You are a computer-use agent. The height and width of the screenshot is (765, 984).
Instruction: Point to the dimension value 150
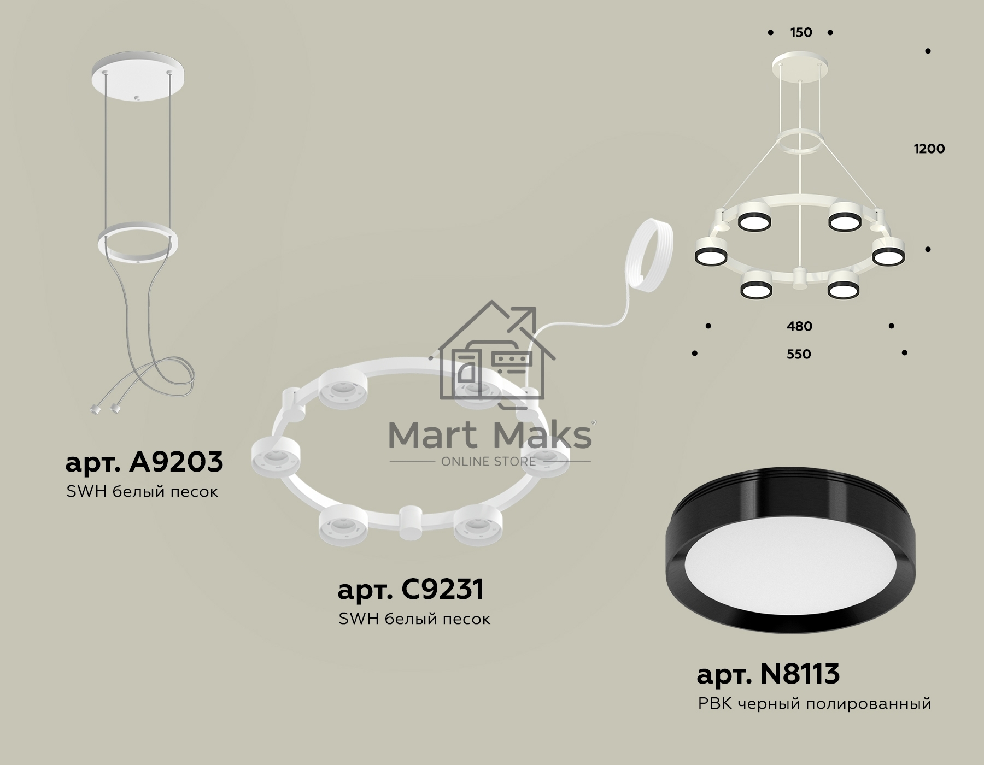pos(801,33)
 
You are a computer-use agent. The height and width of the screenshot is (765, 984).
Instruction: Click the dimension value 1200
pos(929,149)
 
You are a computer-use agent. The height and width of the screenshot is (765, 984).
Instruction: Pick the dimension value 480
pos(799,327)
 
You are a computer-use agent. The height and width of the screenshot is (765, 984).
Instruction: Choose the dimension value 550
pos(799,354)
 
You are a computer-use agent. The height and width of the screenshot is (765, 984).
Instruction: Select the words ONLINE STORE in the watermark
pos(488,462)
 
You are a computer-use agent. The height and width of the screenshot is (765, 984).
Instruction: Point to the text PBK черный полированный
pos(815,704)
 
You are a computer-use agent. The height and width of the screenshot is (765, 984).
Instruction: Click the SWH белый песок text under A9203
pos(142,492)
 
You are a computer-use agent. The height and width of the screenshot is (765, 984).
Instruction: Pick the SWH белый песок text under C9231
pos(414,619)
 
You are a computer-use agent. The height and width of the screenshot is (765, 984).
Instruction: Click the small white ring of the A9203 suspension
pos(138,241)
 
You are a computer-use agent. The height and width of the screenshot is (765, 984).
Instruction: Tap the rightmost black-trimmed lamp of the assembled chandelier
pos(888,252)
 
